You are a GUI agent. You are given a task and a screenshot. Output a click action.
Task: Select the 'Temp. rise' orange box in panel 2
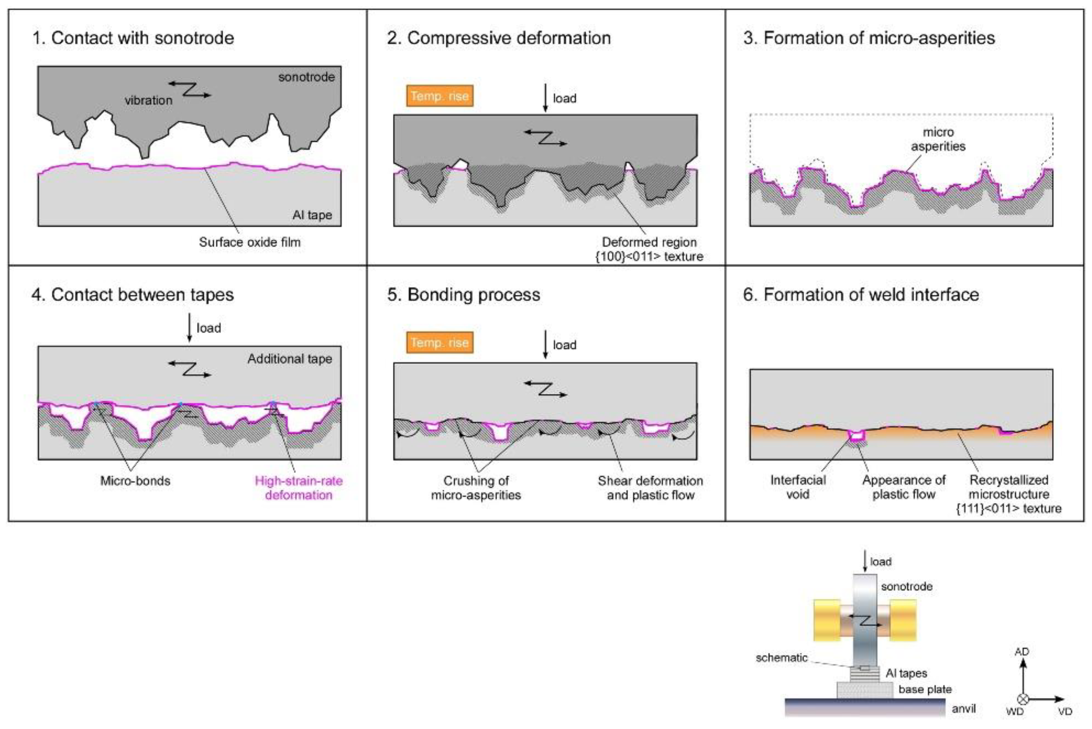tap(439, 96)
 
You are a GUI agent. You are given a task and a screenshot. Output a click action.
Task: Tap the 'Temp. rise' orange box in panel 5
tap(439, 343)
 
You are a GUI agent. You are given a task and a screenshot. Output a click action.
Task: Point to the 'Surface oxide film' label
tap(249, 242)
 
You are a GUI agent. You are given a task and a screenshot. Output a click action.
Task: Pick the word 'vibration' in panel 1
tap(148, 101)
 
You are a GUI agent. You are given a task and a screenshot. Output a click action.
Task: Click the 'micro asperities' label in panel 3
tap(938, 139)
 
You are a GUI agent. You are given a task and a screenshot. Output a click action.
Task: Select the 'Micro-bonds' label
tap(135, 481)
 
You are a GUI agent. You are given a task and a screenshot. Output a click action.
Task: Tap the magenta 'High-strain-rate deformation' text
tap(299, 488)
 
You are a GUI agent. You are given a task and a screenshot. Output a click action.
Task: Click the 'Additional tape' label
tap(289, 359)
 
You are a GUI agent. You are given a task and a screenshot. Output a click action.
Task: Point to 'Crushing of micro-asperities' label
tap(476, 488)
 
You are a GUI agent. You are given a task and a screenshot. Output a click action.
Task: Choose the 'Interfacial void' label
tap(797, 487)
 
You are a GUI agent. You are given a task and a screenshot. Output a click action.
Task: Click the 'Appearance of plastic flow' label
tap(903, 487)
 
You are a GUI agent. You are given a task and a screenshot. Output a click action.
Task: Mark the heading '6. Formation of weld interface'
tap(861, 295)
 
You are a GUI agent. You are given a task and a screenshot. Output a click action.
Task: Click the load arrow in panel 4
tap(189, 328)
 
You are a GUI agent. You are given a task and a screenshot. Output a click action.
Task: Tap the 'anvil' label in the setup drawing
tap(963, 709)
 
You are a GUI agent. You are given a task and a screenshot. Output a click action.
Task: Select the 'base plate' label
tap(925, 690)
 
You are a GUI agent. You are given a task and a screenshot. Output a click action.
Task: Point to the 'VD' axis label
tap(1065, 712)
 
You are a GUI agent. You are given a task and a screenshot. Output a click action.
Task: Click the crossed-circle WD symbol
tap(1022, 699)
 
